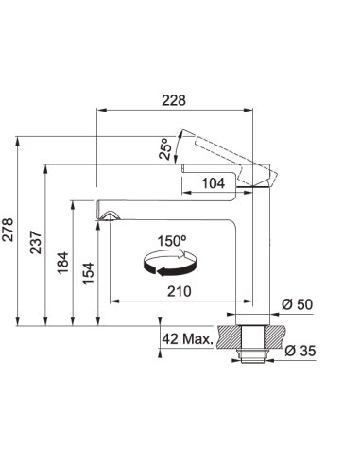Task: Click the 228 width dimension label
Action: click(174, 100)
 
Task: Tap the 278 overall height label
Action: click(8, 230)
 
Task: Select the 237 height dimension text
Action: click(36, 242)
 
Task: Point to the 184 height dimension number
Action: click(63, 263)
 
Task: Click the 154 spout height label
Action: click(89, 273)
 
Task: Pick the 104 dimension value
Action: click(214, 183)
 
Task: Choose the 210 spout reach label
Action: click(180, 291)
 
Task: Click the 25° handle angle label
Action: click(165, 148)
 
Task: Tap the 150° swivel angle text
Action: click(172, 241)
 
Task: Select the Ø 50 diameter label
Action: click(297, 304)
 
